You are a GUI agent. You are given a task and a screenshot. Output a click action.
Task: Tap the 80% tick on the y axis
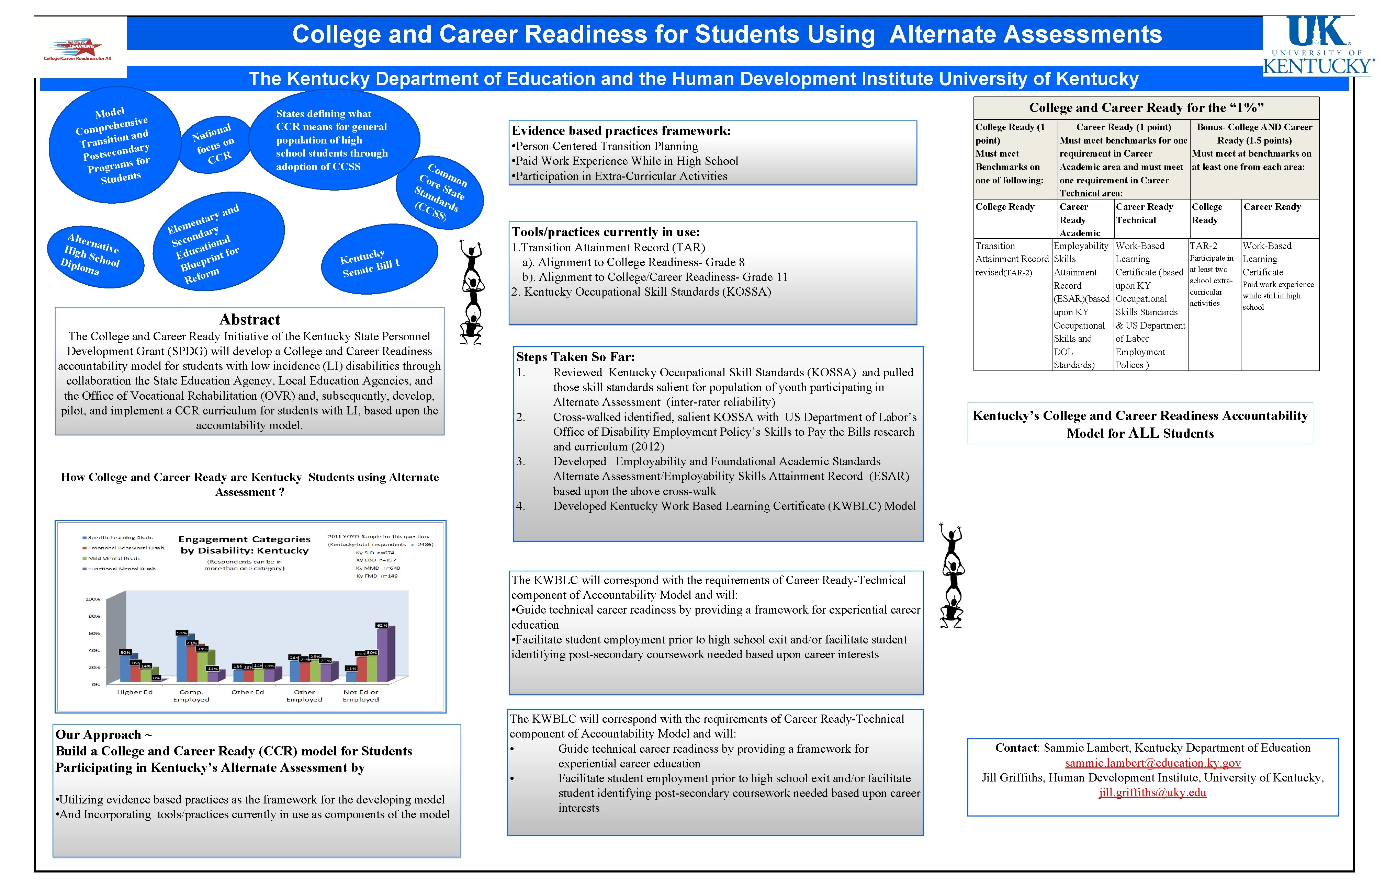[x=94, y=616]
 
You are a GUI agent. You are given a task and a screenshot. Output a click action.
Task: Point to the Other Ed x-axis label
[x=247, y=692]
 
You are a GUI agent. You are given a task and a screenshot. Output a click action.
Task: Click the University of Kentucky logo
[x=1318, y=46]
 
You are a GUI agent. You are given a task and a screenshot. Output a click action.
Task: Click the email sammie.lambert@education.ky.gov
[x=1153, y=763]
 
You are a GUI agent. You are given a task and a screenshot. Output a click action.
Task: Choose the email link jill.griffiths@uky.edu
[x=1153, y=792]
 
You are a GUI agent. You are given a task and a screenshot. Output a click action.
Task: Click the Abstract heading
[x=250, y=320]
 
